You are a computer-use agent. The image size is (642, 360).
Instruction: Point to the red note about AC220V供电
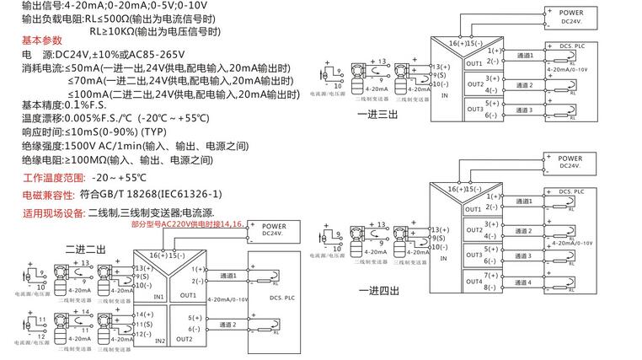point(186,224)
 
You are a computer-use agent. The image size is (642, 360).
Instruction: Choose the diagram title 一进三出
point(378,116)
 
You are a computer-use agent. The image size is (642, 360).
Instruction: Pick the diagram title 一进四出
point(378,291)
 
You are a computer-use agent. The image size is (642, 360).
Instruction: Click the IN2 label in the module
point(159,341)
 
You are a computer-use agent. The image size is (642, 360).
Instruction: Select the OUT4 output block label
point(474,282)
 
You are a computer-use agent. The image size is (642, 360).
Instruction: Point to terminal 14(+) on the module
point(143,314)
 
